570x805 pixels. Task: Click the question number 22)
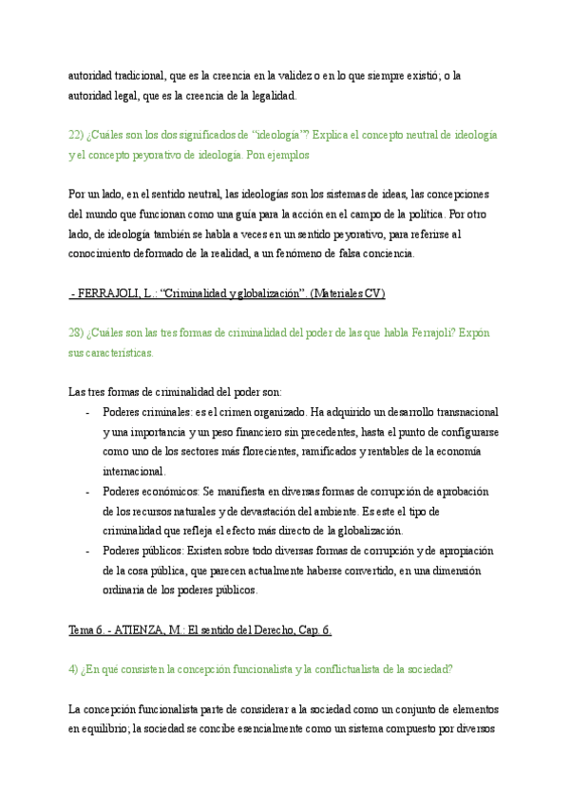(x=77, y=135)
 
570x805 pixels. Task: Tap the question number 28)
(x=77, y=334)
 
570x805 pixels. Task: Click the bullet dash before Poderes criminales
(x=87, y=413)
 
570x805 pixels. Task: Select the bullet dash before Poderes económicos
(x=87, y=492)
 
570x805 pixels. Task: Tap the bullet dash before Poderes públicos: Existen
(x=87, y=552)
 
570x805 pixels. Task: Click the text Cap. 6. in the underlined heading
(x=310, y=630)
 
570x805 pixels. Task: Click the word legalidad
(x=271, y=95)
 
